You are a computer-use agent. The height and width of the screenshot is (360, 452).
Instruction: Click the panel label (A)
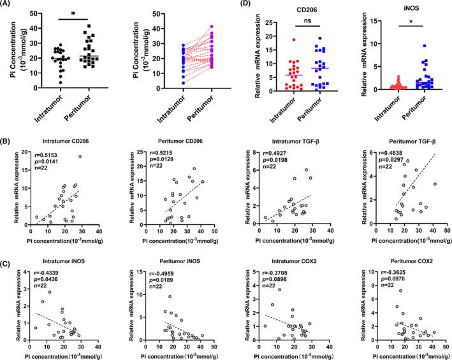pos(11,6)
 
